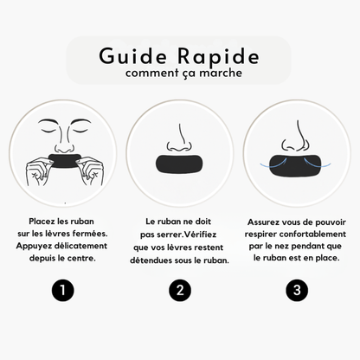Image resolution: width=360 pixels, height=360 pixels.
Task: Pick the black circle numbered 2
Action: pyautogui.click(x=179, y=290)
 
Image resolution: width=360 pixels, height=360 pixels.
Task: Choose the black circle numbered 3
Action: pyautogui.click(x=298, y=290)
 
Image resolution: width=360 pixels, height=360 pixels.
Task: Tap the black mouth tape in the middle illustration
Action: pyautogui.click(x=180, y=163)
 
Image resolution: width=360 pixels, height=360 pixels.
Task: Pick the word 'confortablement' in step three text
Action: pyautogui.click(x=310, y=234)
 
